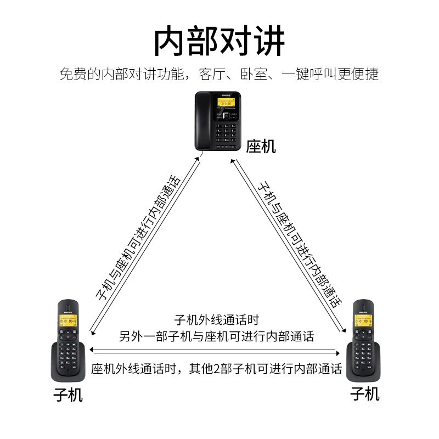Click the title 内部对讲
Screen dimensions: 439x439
pos(219,41)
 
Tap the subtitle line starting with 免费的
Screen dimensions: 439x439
pos(219,75)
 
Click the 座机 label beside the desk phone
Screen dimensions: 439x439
pos(261,146)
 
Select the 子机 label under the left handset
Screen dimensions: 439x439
pos(68,395)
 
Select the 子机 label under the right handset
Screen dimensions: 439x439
pos(365,393)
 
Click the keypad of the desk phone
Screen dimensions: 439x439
pos(227,133)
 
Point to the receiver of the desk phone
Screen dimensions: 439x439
pos(203,121)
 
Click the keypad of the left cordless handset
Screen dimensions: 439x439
pos(68,351)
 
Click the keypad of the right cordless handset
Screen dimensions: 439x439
pos(363,351)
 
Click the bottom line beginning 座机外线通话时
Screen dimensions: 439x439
pos(216,368)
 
